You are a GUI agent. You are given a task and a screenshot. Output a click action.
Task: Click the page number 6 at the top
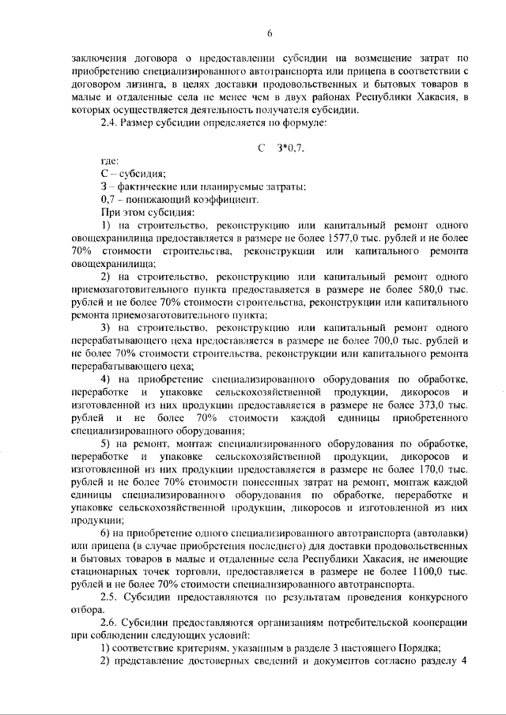coord(270,32)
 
